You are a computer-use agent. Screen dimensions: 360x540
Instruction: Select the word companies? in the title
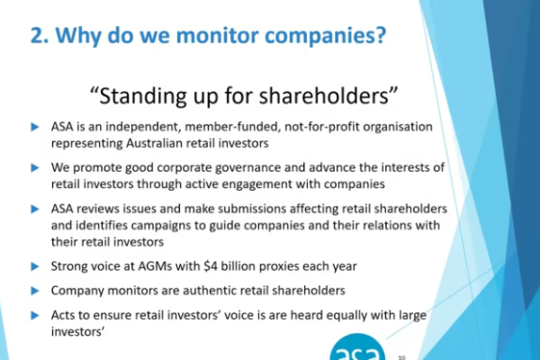tap(323, 37)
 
